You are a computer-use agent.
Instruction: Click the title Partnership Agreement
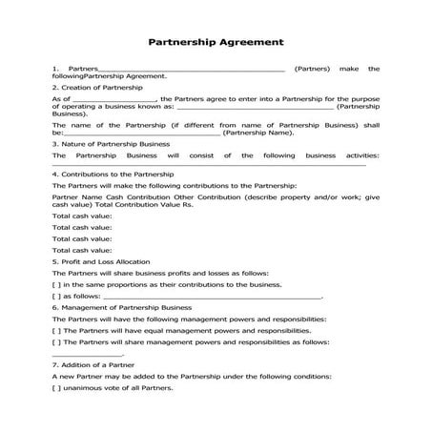tap(216, 42)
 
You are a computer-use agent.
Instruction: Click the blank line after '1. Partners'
tap(191, 69)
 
